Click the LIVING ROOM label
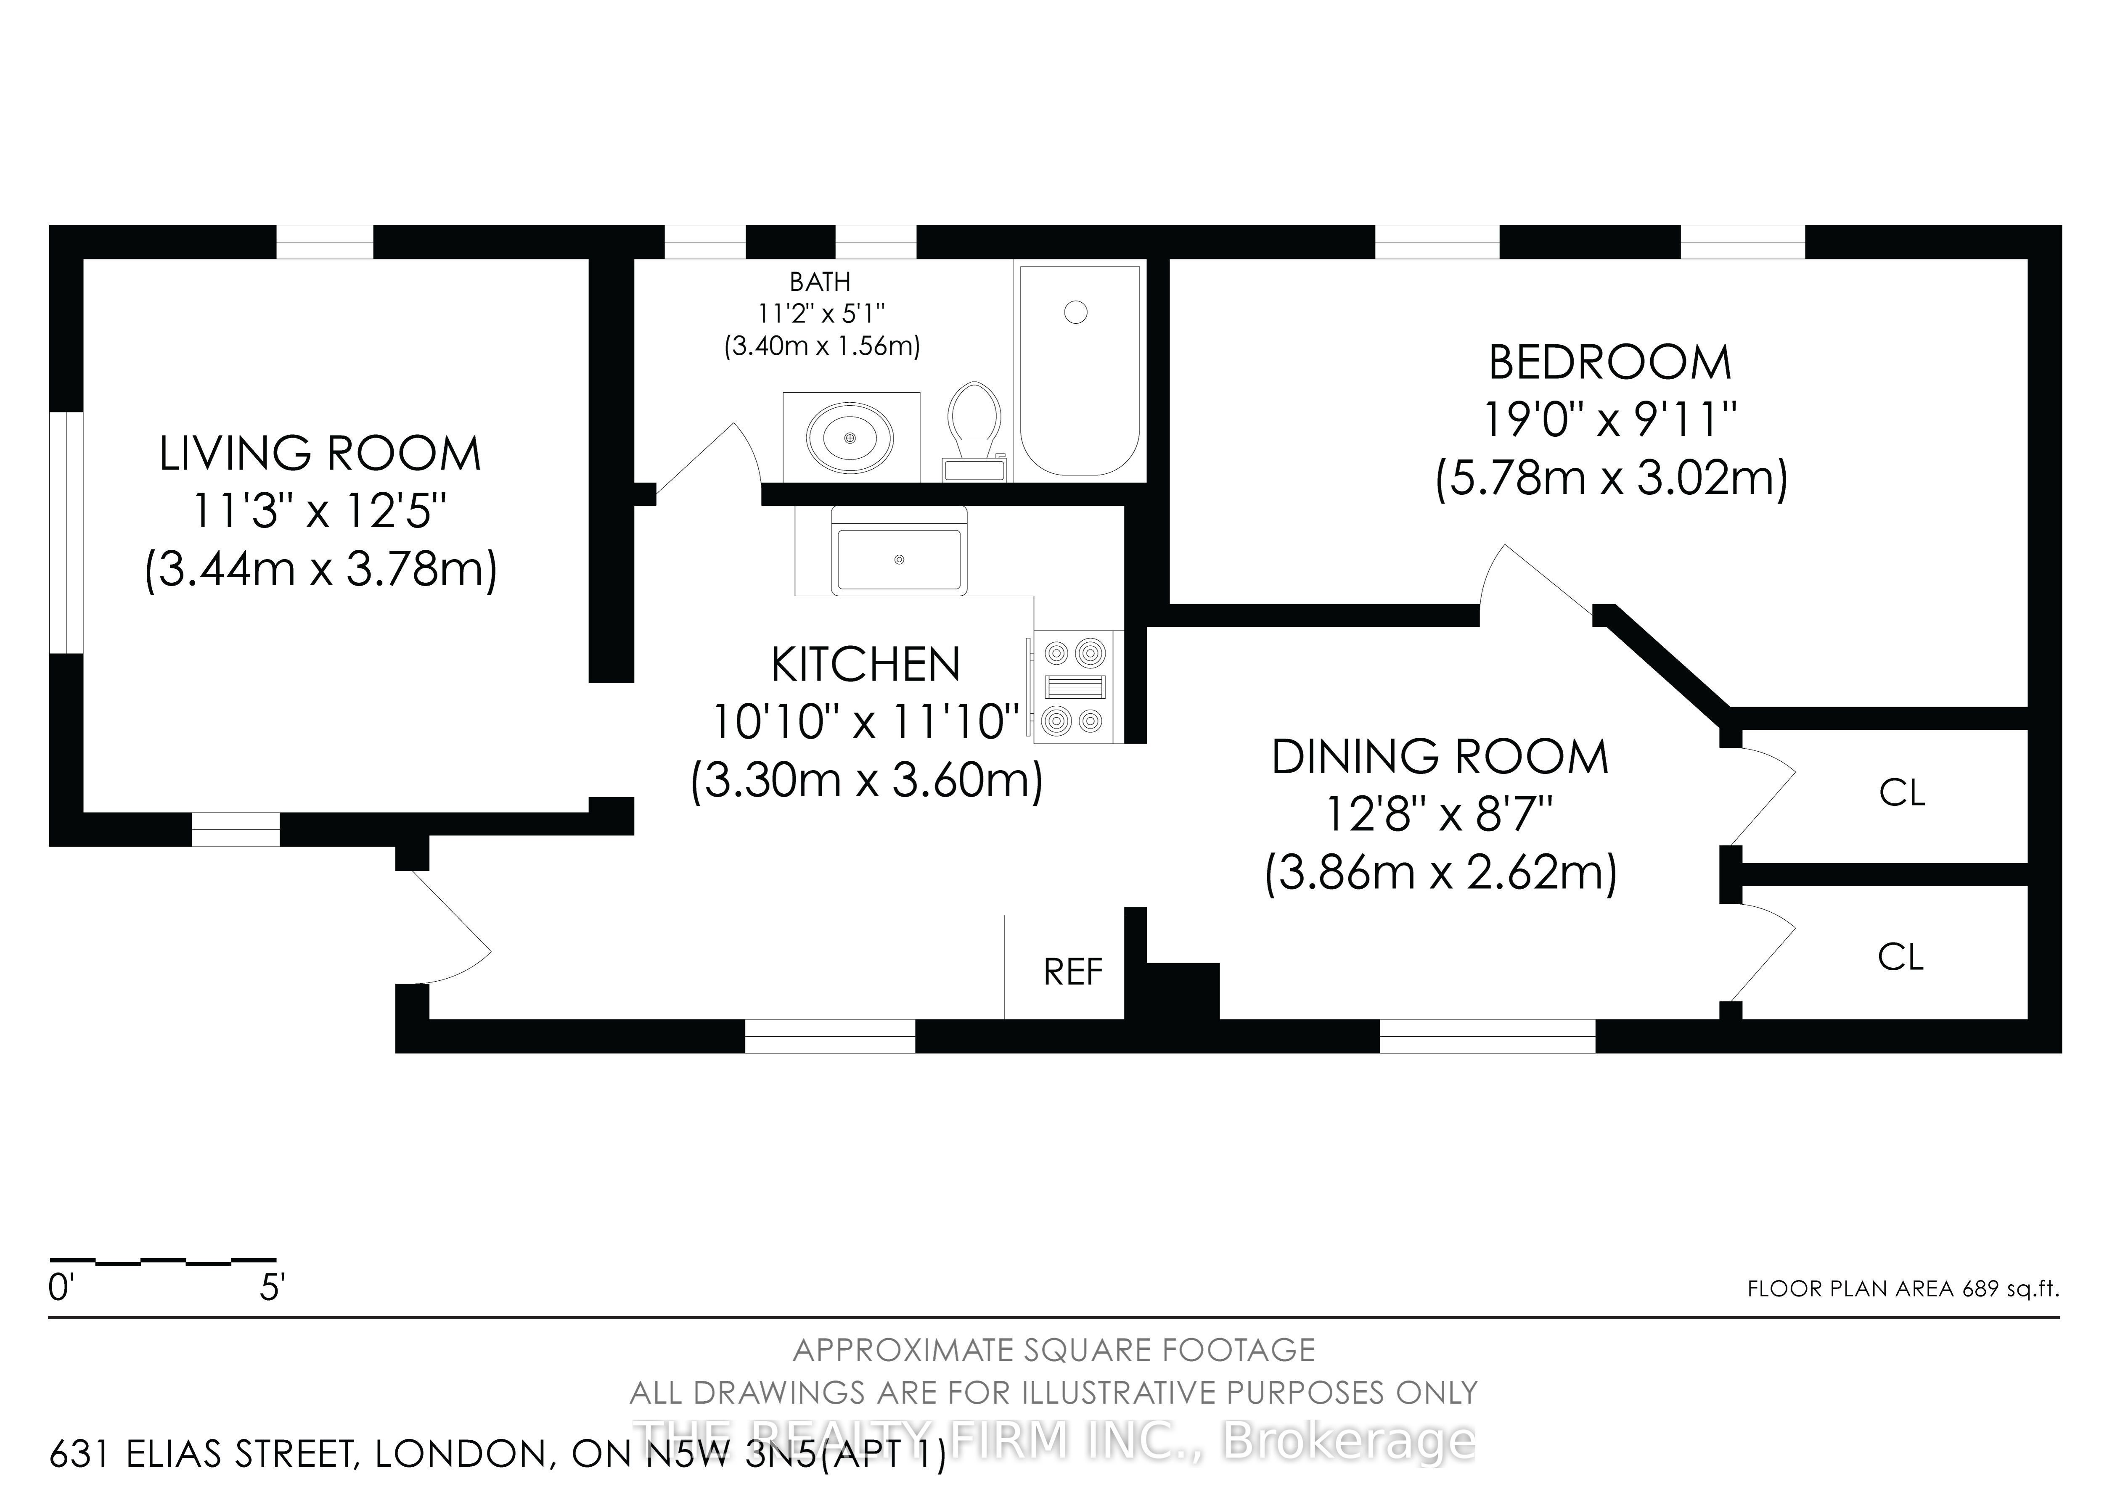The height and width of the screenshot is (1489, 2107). [x=320, y=454]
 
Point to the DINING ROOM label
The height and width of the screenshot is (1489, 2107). [x=1440, y=757]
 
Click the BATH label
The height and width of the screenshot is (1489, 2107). [x=821, y=282]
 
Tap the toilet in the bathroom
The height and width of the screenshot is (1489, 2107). [x=974, y=431]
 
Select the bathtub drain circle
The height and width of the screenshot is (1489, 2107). [x=1075, y=313]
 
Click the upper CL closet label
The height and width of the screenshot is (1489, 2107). [x=1901, y=793]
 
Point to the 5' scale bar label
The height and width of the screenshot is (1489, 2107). [x=273, y=1288]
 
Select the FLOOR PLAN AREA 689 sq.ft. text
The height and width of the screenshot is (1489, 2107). [x=1903, y=1288]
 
